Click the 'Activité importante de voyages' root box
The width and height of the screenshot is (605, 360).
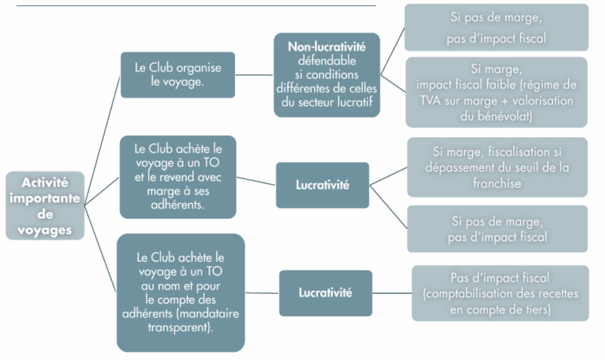[x=45, y=206]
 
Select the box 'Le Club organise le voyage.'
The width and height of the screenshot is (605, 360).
[x=178, y=75]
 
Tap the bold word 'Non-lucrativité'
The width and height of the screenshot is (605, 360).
[x=327, y=47]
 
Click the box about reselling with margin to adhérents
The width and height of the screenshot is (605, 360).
[x=178, y=177]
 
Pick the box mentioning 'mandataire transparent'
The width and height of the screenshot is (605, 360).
[x=180, y=293]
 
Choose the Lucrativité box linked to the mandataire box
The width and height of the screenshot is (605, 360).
[x=325, y=293]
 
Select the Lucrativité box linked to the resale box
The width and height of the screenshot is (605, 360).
[x=322, y=185]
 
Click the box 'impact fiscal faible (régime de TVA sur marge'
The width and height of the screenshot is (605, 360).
[x=496, y=92]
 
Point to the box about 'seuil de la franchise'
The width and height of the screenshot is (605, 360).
[x=497, y=167]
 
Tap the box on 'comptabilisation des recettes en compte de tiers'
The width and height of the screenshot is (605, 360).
[x=500, y=293]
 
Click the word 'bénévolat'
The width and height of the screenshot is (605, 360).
[x=497, y=116]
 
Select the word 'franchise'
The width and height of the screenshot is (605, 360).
[x=497, y=183]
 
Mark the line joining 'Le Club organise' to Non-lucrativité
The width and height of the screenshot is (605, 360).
[x=255, y=76]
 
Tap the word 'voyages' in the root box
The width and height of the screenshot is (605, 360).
[x=45, y=229]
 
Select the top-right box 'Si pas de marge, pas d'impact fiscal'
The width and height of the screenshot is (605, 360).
[x=496, y=28]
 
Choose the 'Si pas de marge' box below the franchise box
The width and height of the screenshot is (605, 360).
[x=497, y=229]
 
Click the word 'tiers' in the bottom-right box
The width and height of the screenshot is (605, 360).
[x=535, y=309]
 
